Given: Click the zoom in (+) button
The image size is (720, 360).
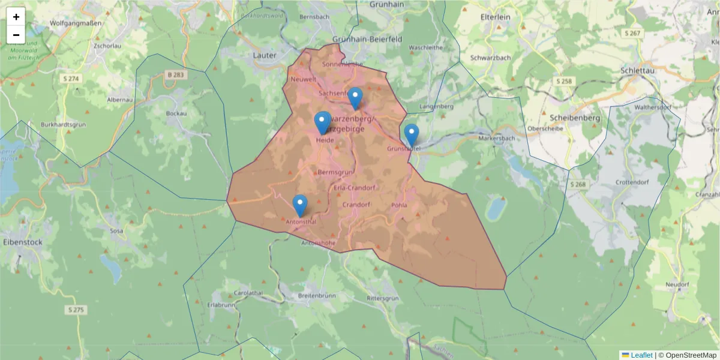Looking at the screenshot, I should (x=16, y=17).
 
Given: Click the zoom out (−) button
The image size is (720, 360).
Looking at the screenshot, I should (x=16, y=35).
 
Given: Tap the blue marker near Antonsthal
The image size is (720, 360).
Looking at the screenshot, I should (x=300, y=206).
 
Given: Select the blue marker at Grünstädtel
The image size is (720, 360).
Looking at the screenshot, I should (x=411, y=135).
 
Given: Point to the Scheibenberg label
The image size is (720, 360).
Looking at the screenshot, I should (x=575, y=118).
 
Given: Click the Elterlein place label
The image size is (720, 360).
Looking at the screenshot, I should (x=495, y=17).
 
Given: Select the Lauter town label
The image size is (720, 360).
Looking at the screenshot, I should (x=265, y=55).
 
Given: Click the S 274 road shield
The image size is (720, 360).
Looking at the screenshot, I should (x=71, y=79).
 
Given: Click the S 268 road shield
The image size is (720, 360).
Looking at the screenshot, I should (x=578, y=184).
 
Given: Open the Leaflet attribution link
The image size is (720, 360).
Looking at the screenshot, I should (x=641, y=355).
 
